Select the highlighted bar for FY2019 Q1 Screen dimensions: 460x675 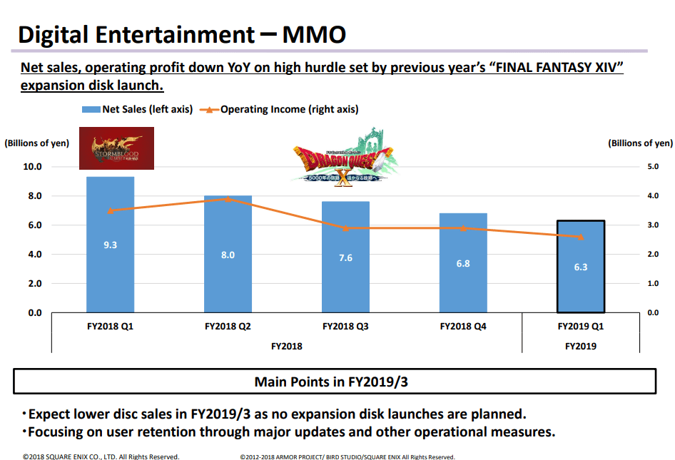[x=581, y=267]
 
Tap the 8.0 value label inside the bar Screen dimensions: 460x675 [x=228, y=255]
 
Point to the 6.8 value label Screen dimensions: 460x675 [x=463, y=263]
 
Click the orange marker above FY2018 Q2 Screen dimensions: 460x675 [x=228, y=199]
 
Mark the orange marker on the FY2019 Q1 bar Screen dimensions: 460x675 [x=581, y=237]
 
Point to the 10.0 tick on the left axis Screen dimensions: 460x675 [x=34, y=167]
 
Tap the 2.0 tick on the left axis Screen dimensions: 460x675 [x=35, y=284]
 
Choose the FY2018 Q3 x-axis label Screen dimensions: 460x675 [x=345, y=327]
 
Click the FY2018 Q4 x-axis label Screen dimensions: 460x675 [x=463, y=327]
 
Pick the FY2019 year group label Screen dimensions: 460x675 [x=580, y=346]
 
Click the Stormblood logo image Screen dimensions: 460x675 [x=116, y=148]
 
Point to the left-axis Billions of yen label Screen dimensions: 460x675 [x=37, y=143]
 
